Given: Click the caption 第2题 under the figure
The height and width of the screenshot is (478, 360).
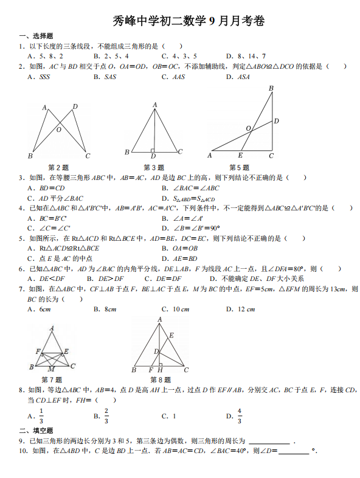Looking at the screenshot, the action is (58, 167).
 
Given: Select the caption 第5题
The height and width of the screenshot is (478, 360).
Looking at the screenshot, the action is (239, 167).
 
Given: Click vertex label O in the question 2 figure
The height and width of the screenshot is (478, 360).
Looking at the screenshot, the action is (59, 129).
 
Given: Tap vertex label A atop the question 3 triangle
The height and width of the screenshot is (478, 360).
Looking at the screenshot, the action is (155, 105).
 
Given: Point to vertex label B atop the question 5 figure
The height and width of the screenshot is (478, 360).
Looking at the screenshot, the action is (271, 89).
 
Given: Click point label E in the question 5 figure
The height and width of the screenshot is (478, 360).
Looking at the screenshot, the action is (241, 156).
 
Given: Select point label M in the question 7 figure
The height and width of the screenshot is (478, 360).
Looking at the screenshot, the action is (51, 369).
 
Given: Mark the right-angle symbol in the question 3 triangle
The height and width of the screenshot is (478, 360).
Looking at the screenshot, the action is (152, 150).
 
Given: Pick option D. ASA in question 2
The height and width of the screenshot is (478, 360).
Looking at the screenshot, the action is (238, 77).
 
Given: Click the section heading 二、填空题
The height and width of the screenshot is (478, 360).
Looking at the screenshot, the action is (36, 431).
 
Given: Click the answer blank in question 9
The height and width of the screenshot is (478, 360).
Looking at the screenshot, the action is (269, 442).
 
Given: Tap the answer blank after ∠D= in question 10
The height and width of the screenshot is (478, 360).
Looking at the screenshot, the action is (294, 451).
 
